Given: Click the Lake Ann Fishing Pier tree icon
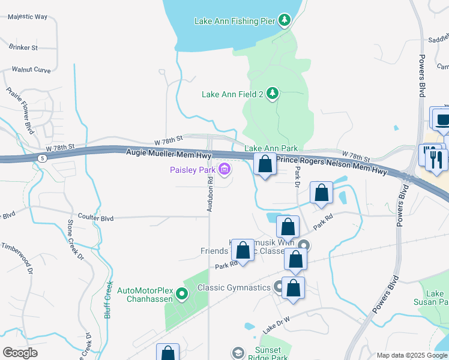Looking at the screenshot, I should pyautogui.click(x=285, y=21).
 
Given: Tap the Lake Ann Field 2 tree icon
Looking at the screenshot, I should pyautogui.click(x=273, y=94).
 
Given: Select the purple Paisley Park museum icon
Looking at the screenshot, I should pyautogui.click(x=224, y=170).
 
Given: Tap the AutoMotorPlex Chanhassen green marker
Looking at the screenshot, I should pyautogui.click(x=184, y=294).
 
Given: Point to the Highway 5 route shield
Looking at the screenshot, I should pyautogui.click(x=41, y=158).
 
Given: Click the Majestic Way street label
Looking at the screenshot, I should pyautogui.click(x=28, y=17).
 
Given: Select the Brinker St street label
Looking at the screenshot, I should pyautogui.click(x=23, y=46).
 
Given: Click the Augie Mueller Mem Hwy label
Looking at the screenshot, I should pyautogui.click(x=169, y=154).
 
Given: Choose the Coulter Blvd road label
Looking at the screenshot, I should pyautogui.click(x=96, y=216).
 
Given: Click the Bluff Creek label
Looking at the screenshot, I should pyautogui.click(x=109, y=299).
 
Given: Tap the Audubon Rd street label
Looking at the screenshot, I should pyautogui.click(x=211, y=191).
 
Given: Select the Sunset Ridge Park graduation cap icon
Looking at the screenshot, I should pyautogui.click(x=238, y=353).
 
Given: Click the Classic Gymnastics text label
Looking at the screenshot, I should pyautogui.click(x=235, y=288).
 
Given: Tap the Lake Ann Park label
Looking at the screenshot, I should pyautogui.click(x=271, y=148).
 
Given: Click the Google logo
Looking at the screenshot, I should pyautogui.click(x=20, y=353).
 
